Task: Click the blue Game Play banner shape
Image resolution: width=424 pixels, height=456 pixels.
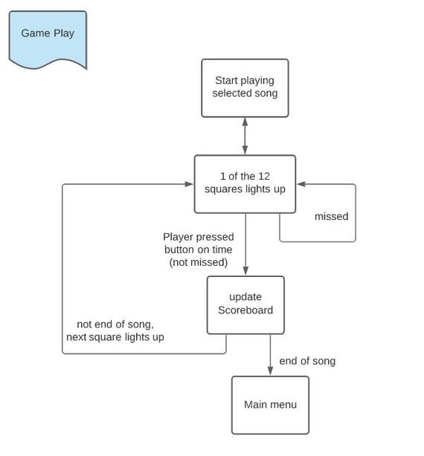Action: pos(48,39)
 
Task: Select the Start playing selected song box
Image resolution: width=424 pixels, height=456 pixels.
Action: pos(245,88)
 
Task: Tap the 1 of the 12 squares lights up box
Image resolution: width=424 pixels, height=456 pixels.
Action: pos(245,184)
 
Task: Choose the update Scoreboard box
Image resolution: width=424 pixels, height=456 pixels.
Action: pos(245,305)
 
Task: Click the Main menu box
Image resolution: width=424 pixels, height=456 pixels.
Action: pos(270,405)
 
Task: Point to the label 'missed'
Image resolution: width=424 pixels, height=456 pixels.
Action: pos(332,216)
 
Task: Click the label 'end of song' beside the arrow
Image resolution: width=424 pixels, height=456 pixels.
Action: pos(307,361)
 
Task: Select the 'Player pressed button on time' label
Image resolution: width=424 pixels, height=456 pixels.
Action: pos(199,243)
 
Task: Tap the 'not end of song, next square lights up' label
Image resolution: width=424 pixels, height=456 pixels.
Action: pos(115,330)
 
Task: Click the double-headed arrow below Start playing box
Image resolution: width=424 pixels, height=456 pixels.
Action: pos(245,136)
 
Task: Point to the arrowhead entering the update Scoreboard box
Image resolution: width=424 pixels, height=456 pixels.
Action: pos(245,271)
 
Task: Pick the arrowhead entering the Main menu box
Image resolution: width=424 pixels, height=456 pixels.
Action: pos(270,371)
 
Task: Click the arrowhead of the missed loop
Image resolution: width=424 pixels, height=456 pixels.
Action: pos(301,184)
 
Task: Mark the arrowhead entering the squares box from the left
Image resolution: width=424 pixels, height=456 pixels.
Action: pos(189,184)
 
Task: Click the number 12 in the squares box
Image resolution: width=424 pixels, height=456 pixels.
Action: pos(264,176)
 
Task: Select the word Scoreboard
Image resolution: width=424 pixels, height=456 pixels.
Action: pos(245,310)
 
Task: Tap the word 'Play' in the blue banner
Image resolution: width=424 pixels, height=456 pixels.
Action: pos(64,33)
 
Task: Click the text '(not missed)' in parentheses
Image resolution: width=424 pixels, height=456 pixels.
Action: pos(199,262)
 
